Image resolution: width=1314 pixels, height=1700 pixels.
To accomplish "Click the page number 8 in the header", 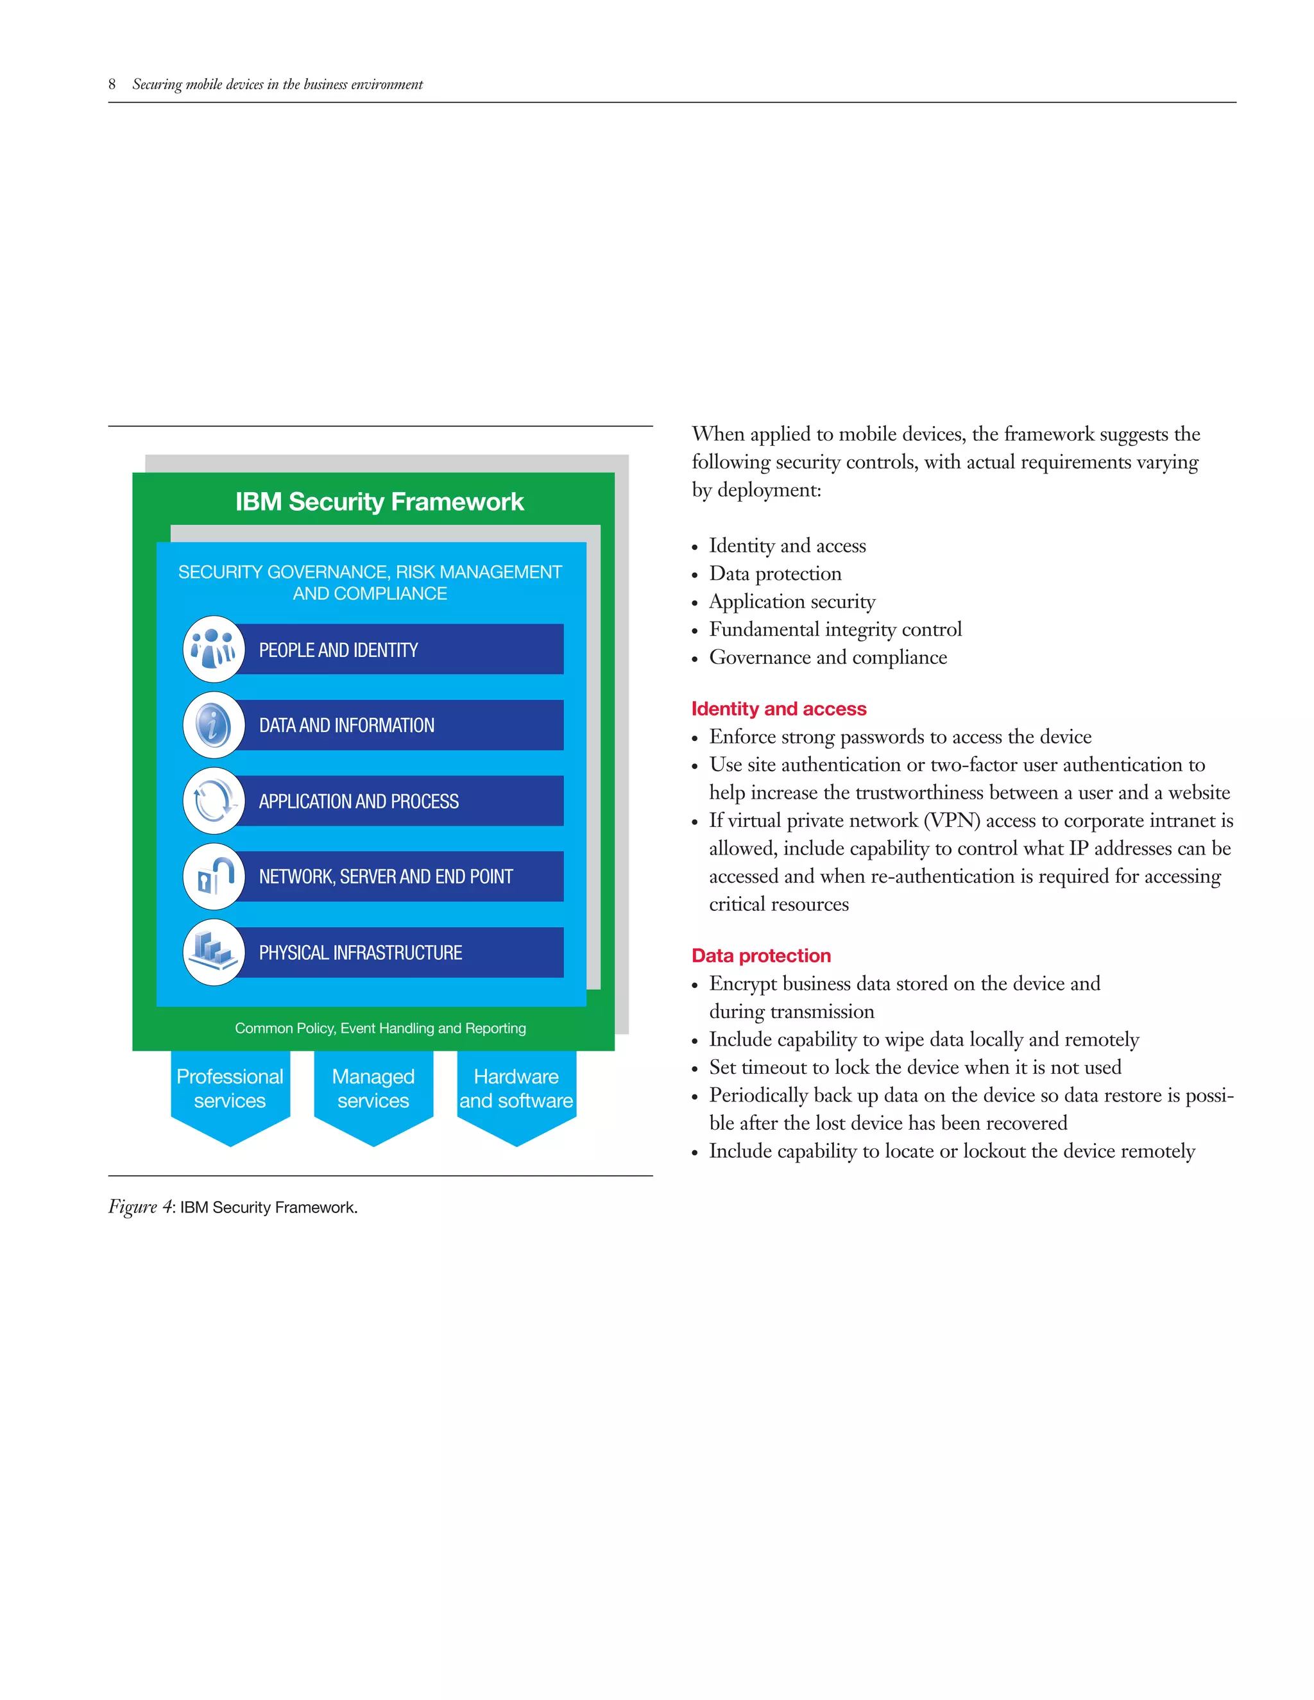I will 112,84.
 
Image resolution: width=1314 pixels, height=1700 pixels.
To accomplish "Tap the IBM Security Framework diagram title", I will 379,501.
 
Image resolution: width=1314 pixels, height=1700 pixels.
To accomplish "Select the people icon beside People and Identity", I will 213,649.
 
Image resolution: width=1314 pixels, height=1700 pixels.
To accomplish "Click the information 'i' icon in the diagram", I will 213,725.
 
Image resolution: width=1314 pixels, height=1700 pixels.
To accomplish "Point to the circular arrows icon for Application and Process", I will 213,800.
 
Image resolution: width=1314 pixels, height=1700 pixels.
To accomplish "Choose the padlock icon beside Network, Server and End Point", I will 213,876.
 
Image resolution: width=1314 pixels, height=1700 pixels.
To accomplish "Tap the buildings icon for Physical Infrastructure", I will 213,951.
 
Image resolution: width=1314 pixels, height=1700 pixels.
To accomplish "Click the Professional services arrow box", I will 230,1089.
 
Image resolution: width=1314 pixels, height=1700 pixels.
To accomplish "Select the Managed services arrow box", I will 373,1089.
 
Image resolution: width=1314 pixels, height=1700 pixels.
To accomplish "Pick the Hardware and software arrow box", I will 516,1089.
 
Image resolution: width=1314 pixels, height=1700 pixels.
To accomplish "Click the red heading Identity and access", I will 778,708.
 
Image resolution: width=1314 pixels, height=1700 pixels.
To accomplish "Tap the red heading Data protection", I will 760,955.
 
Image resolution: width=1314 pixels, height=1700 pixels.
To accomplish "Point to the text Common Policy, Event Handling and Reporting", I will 380,1028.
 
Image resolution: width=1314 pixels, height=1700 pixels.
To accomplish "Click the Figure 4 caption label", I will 233,1207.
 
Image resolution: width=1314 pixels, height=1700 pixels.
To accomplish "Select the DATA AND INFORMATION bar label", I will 346,726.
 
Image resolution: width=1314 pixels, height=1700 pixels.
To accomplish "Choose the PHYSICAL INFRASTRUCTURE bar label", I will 361,953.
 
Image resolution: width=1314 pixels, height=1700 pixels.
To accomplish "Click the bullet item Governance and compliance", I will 828,657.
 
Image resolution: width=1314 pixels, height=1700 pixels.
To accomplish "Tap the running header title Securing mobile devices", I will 277,84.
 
